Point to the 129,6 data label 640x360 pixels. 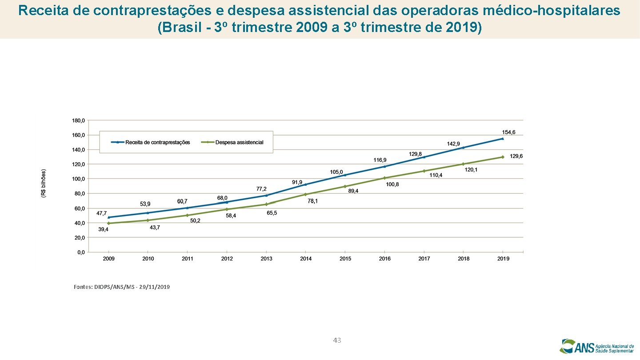[x=516, y=156]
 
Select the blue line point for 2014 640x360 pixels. [x=305, y=184]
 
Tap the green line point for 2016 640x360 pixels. [x=384, y=178]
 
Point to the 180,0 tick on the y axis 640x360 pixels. [x=78, y=120]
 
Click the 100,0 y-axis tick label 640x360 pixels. [x=78, y=179]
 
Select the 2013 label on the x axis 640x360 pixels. [x=266, y=259]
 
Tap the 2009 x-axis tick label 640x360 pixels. [x=109, y=259]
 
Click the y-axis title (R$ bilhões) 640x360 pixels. [x=43, y=183]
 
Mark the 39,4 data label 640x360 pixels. [x=103, y=229]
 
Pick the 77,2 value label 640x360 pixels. [x=261, y=189]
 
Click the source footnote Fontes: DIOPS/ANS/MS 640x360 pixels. [x=121, y=287]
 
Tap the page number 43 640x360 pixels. [x=337, y=340]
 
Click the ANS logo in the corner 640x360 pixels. [x=596, y=346]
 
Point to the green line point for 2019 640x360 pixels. [x=503, y=157]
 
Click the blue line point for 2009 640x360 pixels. [x=109, y=217]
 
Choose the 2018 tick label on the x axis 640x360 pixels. [x=464, y=259]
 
